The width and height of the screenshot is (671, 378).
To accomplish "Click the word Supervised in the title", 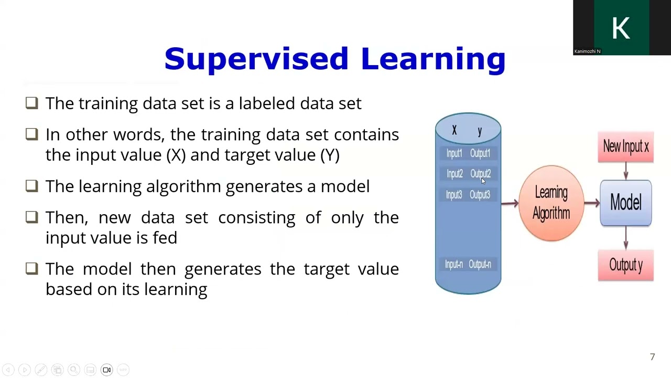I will [x=256, y=59].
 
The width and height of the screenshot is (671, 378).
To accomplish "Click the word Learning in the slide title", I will [x=433, y=59].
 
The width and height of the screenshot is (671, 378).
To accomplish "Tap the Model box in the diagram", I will [x=625, y=203].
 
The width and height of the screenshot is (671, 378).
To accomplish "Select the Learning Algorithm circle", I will [x=551, y=203].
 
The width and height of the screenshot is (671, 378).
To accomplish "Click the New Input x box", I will [x=625, y=147].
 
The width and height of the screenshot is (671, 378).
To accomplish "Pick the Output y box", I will [x=625, y=266].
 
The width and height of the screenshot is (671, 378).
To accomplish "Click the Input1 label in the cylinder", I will [x=454, y=153].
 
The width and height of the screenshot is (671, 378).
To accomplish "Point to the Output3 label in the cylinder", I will [x=480, y=195].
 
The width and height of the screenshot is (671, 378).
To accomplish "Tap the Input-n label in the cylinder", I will [x=454, y=265].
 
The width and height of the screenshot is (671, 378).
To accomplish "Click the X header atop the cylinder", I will [x=454, y=131].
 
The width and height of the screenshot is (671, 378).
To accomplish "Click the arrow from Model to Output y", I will [x=625, y=238].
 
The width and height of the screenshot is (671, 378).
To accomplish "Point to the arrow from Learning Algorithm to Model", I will [x=591, y=203].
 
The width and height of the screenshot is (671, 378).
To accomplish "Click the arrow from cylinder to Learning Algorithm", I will [x=510, y=203].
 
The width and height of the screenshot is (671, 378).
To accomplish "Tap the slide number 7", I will [x=652, y=357].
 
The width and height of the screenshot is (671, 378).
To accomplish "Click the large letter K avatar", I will [x=621, y=27].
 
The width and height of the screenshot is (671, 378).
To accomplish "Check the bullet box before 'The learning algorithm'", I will [x=31, y=186].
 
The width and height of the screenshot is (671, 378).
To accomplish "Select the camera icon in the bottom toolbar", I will [x=106, y=370].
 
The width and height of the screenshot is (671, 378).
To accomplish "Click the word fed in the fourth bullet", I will [x=165, y=238].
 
